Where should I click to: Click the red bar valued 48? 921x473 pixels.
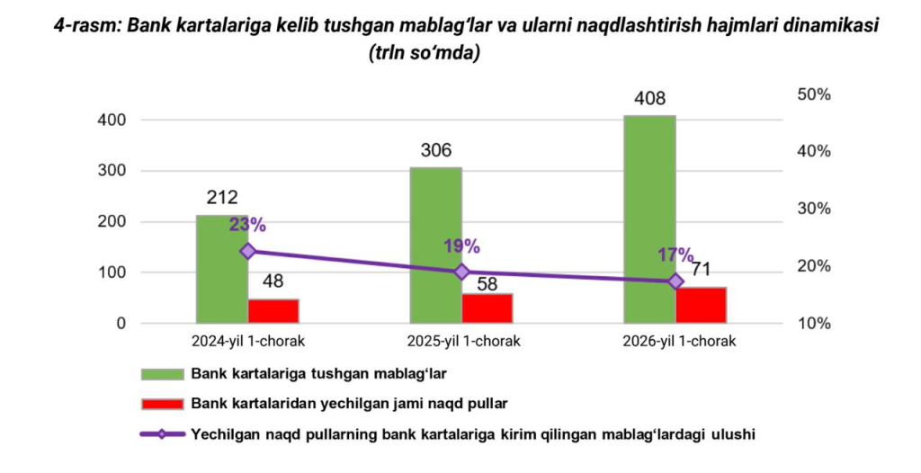273,310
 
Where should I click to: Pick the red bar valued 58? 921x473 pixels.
487,308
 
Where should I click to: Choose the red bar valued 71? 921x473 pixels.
702,305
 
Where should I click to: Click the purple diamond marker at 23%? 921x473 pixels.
248,251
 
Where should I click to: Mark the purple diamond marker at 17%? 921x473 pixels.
676,281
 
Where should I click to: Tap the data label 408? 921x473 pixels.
650,99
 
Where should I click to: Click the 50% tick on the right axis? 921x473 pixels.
815,94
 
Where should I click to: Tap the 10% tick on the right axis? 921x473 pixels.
815,323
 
